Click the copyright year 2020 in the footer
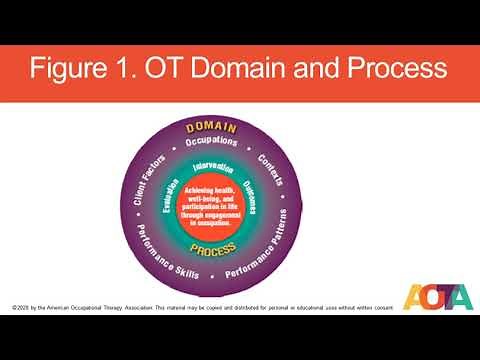[21, 305]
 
